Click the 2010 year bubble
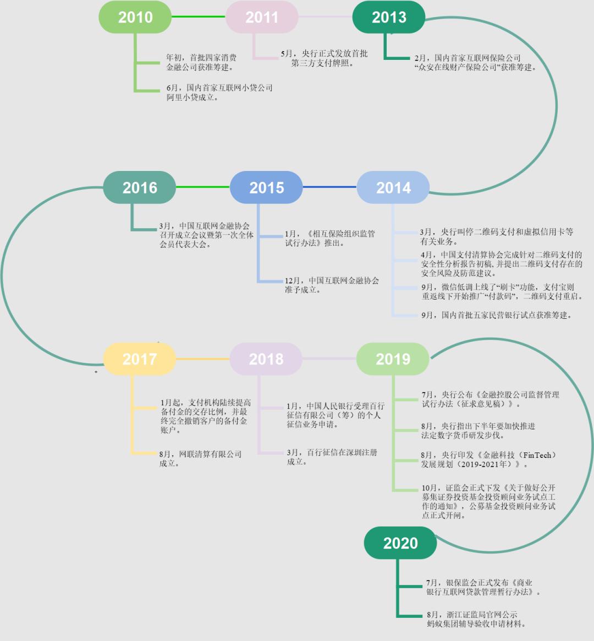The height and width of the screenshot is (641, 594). [x=135, y=17]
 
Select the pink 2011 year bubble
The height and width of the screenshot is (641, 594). [x=262, y=17]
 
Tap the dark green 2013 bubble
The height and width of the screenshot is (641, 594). [x=389, y=17]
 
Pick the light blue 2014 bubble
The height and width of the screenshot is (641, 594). [x=393, y=187]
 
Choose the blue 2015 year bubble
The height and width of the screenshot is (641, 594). [x=266, y=187]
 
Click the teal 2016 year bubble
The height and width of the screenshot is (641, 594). [x=140, y=187]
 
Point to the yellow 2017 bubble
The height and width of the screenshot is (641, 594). [x=140, y=359]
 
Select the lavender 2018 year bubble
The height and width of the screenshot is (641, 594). [x=266, y=359]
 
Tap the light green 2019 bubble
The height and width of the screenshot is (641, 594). [x=393, y=359]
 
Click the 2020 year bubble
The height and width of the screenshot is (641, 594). [x=400, y=543]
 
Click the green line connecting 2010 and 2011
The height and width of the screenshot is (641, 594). [x=199, y=16]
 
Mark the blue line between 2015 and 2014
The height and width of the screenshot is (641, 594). [x=330, y=187]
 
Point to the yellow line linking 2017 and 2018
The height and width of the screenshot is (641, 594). [x=202, y=359]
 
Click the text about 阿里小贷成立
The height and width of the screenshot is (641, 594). [x=219, y=92]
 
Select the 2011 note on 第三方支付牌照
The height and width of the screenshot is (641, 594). [x=324, y=58]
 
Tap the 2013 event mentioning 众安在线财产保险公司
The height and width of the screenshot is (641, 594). [x=475, y=63]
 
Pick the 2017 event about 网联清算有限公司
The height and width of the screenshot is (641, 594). [x=200, y=458]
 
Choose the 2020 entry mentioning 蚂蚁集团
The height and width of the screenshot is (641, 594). [x=476, y=619]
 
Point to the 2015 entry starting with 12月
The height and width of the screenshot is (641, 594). [x=332, y=285]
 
